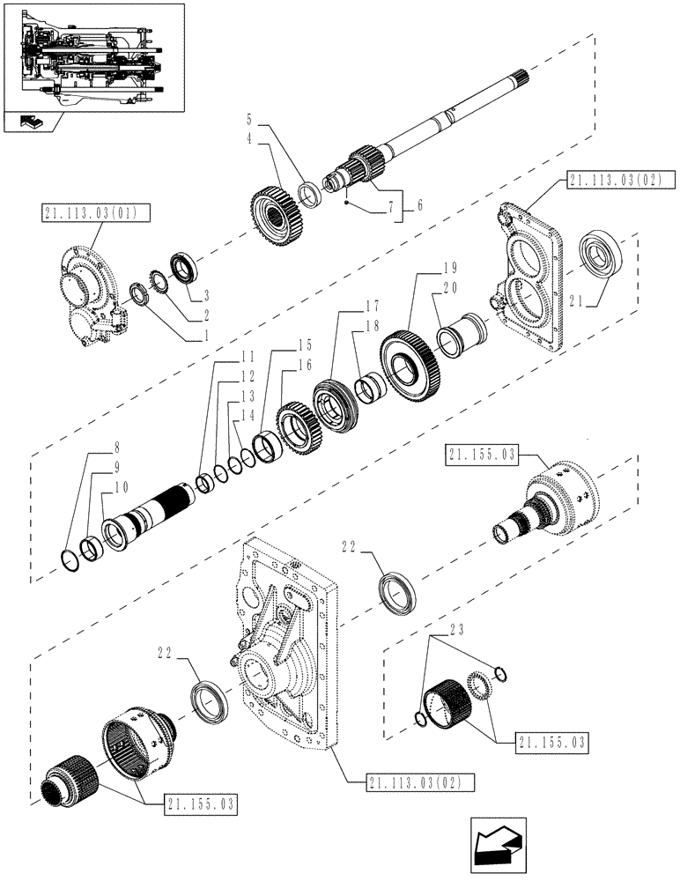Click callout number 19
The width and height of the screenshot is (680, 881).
point(425,267)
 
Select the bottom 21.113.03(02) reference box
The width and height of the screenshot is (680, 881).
point(412,781)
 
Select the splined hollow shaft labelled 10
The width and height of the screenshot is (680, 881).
point(145,522)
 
